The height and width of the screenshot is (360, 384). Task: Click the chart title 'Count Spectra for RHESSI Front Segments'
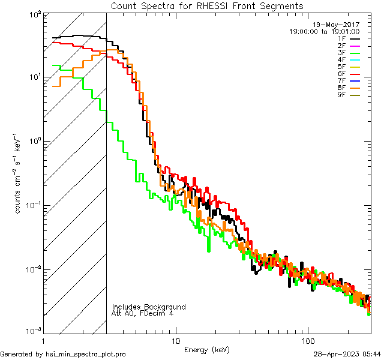tap(207, 5)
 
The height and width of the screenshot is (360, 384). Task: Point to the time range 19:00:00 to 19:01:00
tap(324, 31)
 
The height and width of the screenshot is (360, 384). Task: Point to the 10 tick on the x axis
tap(175, 339)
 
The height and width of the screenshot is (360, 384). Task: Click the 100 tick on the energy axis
tap(307, 339)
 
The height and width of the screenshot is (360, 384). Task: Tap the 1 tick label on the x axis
tap(44, 339)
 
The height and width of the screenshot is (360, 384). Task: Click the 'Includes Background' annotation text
tap(149, 307)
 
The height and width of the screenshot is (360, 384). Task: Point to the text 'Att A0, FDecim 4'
tap(143, 313)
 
